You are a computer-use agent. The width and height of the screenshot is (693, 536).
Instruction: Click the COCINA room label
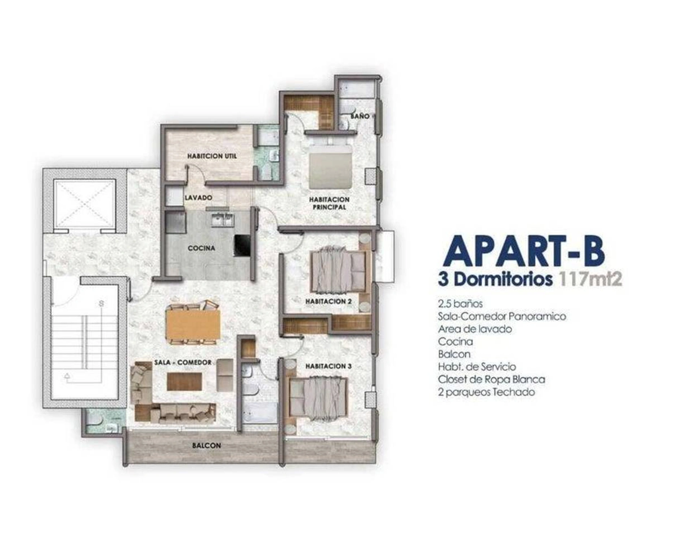201,248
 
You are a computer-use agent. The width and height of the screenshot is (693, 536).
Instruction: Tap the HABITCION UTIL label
212,156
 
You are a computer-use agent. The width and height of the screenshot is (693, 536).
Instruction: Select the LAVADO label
198,198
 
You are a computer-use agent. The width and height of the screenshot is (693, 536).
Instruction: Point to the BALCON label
206,446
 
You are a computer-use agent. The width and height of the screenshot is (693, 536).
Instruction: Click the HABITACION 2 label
328,301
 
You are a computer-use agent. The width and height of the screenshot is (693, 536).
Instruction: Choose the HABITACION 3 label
328,366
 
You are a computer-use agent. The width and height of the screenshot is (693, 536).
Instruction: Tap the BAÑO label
360,116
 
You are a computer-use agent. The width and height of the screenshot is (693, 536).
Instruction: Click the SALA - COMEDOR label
183,362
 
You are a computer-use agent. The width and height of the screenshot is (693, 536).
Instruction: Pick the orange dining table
193,325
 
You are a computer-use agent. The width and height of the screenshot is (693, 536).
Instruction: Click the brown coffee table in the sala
184,381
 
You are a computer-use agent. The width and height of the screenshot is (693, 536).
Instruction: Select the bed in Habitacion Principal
330,167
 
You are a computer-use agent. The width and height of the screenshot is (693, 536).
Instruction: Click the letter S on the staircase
101,304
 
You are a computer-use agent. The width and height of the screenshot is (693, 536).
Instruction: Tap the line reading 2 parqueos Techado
487,392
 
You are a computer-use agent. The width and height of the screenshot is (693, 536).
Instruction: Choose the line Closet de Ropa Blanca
492,379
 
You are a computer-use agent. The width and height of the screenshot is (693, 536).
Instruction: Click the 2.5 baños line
460,303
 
